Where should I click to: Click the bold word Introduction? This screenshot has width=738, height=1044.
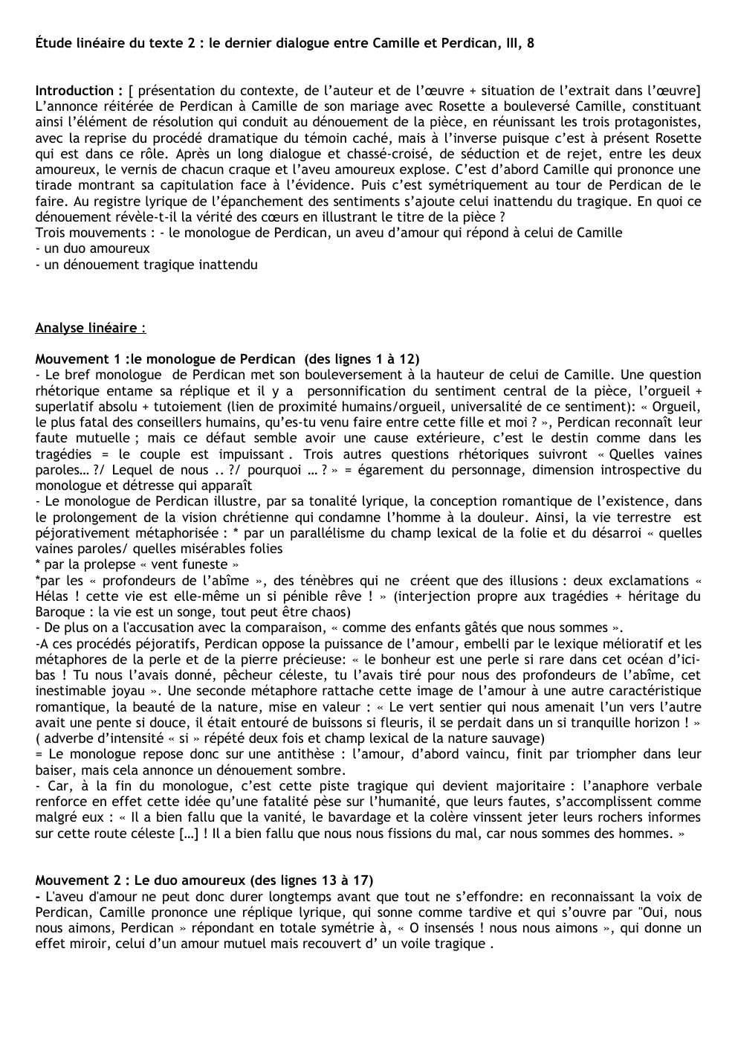(x=74, y=91)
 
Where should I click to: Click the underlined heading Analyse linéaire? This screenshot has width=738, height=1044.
(x=90, y=327)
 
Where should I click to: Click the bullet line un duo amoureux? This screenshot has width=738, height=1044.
(x=92, y=248)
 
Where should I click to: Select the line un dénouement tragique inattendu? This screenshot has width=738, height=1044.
(x=146, y=264)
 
